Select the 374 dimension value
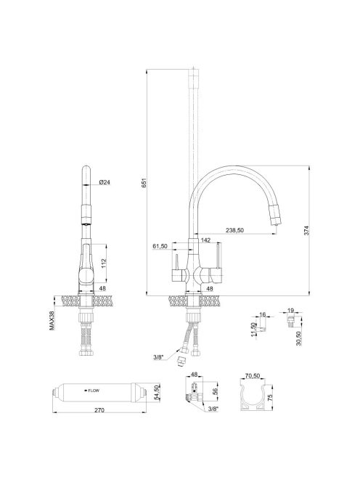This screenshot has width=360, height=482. [306, 231]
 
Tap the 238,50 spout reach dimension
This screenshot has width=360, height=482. [234, 230]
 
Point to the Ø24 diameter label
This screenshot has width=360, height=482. [105, 182]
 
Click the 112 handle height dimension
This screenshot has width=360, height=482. [104, 263]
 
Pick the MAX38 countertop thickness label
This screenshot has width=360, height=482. [52, 321]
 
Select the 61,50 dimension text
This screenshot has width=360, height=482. [160, 246]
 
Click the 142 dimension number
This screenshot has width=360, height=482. [205, 240]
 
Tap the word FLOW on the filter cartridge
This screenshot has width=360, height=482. [94, 391]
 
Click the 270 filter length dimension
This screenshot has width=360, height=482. [99, 410]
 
